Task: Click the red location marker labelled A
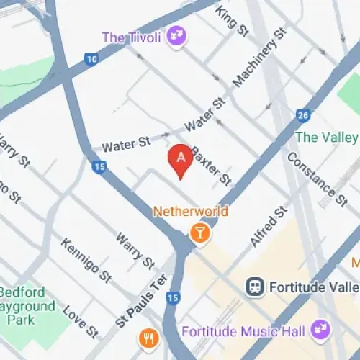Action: (180, 159)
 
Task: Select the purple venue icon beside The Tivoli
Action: (175, 35)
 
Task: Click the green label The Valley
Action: (325, 137)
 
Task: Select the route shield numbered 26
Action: (303, 115)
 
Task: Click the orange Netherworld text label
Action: (191, 212)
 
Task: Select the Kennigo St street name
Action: (86, 259)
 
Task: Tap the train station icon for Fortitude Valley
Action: (254, 287)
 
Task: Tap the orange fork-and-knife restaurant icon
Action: (149, 337)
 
